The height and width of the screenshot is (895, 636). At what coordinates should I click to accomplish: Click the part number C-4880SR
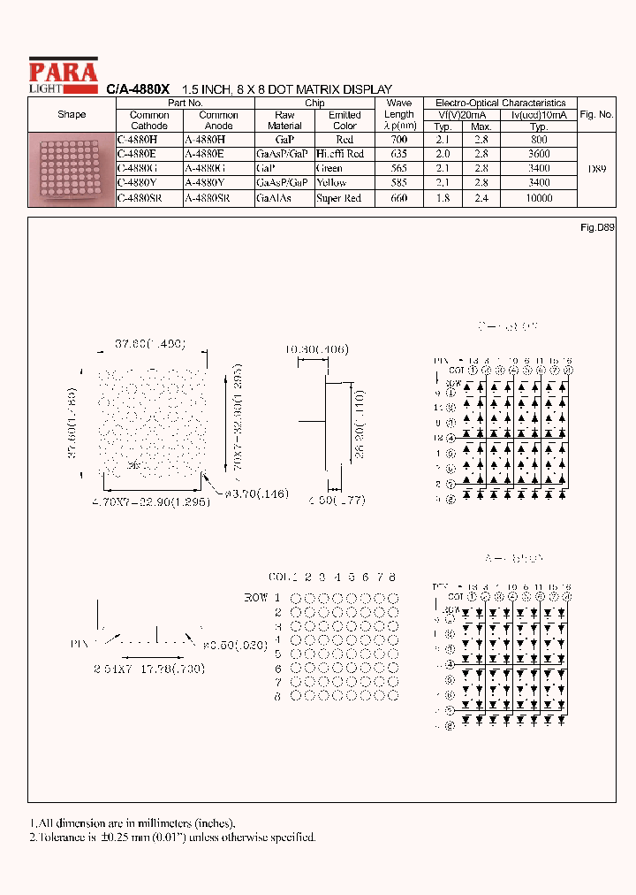tap(139, 198)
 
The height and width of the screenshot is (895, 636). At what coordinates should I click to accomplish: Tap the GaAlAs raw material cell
tap(274, 198)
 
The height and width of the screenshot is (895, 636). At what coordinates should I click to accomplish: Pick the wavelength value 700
tap(399, 140)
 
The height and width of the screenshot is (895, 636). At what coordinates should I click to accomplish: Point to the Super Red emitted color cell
tap(339, 198)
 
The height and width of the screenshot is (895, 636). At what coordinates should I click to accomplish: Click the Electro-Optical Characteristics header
tap(500, 103)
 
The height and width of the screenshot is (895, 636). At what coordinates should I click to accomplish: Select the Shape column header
tap(72, 114)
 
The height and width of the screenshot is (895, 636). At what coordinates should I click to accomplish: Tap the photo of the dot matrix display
tap(72, 170)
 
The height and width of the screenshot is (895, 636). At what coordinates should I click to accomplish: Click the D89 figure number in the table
tap(596, 168)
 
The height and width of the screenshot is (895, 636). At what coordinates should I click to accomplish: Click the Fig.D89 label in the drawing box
tap(597, 227)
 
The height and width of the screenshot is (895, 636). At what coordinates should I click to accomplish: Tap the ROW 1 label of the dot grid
tap(267, 599)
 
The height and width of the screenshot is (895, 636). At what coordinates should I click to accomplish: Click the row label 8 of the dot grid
tap(277, 696)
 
